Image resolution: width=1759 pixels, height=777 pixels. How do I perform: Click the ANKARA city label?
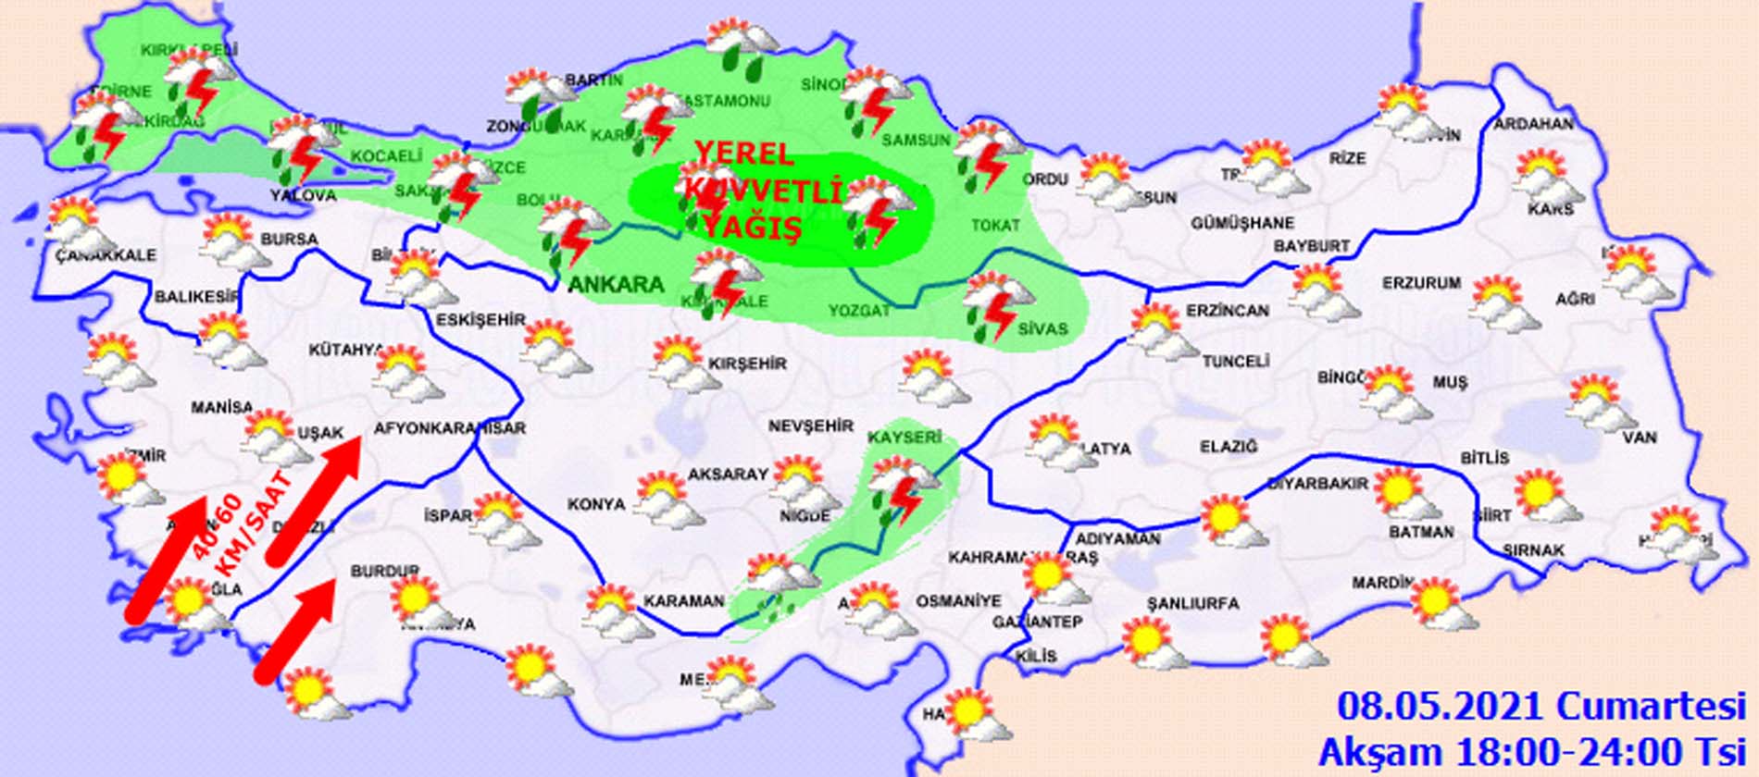click(616, 284)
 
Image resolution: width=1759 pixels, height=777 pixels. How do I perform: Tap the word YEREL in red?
click(743, 154)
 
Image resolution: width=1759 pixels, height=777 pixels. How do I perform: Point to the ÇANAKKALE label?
click(106, 255)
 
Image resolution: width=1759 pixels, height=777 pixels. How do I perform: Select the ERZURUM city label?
click(1421, 283)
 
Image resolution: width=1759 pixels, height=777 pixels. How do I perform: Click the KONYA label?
click(596, 504)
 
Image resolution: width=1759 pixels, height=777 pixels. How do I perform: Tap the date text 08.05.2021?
click(1441, 708)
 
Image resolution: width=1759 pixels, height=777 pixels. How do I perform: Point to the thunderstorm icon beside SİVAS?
click(996, 305)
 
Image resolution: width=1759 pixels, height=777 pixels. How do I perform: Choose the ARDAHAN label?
click(1533, 124)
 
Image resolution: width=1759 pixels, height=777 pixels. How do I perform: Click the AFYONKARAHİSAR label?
click(449, 428)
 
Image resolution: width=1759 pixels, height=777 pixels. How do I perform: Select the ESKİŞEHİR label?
click(480, 320)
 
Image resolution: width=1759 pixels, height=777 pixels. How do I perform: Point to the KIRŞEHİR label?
click(747, 364)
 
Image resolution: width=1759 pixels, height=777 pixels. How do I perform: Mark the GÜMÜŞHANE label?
click(1242, 223)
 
